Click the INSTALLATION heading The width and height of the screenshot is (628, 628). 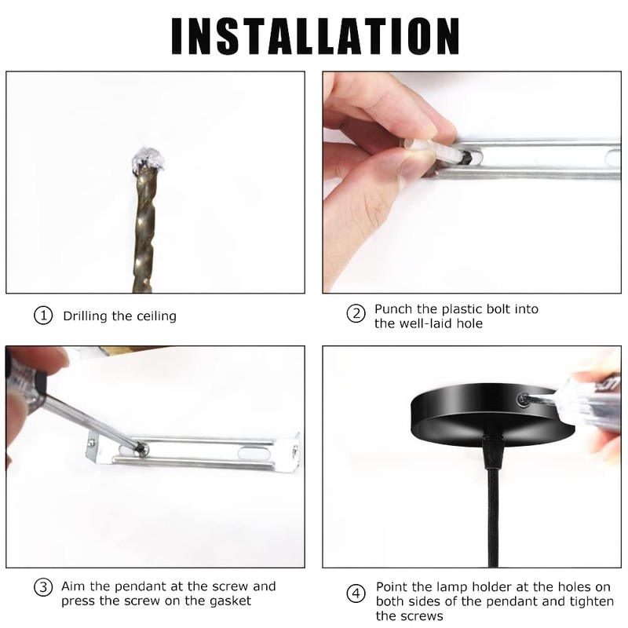316,36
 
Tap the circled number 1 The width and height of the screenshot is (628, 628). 43,316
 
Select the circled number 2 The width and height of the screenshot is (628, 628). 356,313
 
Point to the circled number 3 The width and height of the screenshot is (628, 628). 43,587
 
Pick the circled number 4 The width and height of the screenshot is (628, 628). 356,594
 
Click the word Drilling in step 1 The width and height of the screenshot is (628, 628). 86,316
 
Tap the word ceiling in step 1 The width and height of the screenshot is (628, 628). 156,316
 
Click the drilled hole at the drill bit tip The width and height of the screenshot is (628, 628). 148,159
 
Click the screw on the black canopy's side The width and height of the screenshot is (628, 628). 523,400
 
